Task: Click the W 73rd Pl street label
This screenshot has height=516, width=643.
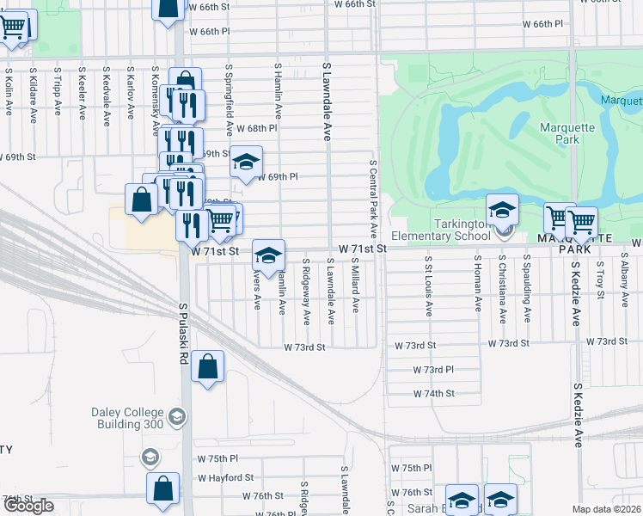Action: (432, 369)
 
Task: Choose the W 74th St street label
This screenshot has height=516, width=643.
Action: (432, 393)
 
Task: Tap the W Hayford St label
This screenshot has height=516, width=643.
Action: (225, 477)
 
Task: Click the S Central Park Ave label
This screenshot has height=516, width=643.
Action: (374, 198)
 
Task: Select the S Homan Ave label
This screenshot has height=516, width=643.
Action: (478, 283)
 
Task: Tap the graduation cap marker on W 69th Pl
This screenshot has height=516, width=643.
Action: (246, 162)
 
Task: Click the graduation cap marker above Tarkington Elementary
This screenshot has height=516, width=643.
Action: (502, 209)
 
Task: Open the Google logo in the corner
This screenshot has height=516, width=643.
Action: (28, 506)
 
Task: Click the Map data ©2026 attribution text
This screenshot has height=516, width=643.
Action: (606, 509)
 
